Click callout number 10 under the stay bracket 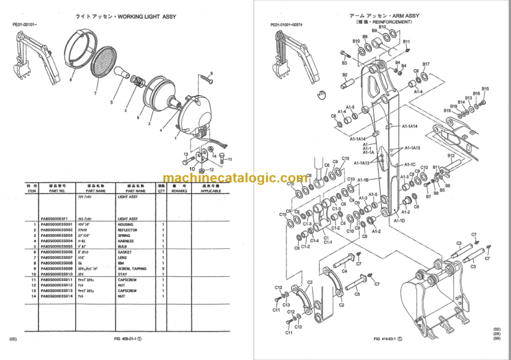click(x=193, y=169)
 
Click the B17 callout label click(x=426, y=65)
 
